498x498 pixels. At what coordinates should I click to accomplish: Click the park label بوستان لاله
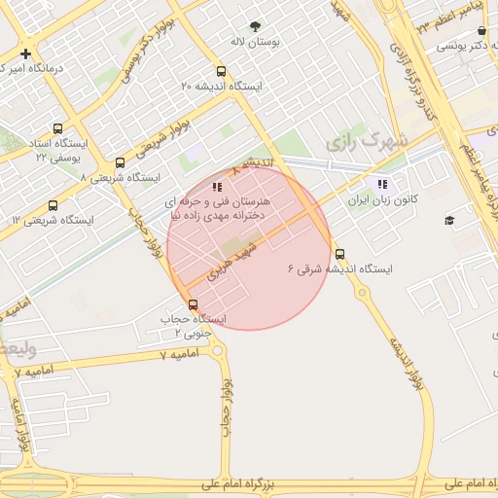tap(255, 43)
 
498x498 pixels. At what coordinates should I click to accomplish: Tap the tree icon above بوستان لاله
tap(255, 26)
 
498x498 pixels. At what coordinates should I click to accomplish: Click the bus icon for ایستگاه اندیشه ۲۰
tap(222, 71)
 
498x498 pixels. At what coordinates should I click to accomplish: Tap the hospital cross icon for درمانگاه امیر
tap(25, 53)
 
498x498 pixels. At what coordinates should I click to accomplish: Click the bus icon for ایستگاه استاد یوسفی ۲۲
tap(58, 128)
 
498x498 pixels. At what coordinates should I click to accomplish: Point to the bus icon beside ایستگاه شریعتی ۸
tap(120, 163)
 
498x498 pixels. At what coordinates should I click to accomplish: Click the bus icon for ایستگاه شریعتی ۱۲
tap(53, 205)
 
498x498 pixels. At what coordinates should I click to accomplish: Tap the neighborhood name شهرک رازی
tap(364, 142)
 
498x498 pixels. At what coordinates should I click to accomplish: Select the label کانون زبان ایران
tap(383, 199)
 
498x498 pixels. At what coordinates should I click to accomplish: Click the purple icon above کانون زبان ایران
tap(382, 183)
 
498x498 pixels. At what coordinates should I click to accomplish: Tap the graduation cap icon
tap(449, 221)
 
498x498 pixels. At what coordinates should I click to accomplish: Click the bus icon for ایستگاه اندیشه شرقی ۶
tap(338, 254)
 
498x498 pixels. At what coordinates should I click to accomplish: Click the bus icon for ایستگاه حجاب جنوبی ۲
tap(193, 304)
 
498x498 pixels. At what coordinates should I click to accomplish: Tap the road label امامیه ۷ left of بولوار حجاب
tap(178, 355)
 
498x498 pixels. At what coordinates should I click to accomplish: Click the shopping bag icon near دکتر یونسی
tap(482, 31)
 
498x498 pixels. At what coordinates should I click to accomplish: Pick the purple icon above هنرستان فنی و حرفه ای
tap(218, 185)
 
